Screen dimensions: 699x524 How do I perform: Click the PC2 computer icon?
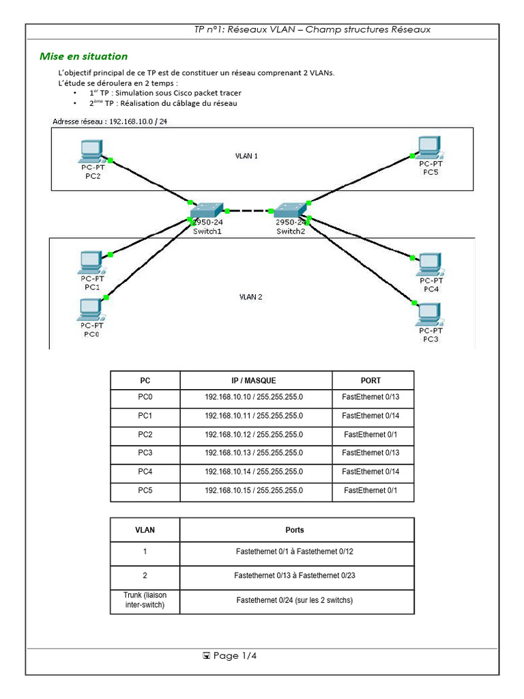pyautogui.click(x=90, y=149)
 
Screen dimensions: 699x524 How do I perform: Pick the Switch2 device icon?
pyautogui.click(x=291, y=210)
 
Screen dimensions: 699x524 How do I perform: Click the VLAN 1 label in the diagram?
pyautogui.click(x=246, y=156)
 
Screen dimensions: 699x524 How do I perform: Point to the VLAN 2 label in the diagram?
pyautogui.click(x=250, y=297)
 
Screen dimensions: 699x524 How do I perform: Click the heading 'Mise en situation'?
pyautogui.click(x=83, y=57)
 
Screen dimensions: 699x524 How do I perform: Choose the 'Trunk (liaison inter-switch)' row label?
pyautogui.click(x=145, y=601)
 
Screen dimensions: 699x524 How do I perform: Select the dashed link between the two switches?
pyautogui.click(x=250, y=211)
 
